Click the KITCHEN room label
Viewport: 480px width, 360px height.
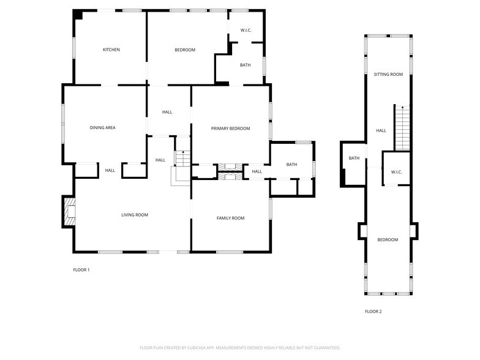tap(111, 50)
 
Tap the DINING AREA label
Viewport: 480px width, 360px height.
tap(102, 128)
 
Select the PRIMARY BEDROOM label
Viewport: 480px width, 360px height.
tap(230, 129)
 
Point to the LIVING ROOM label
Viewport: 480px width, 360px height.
tap(134, 215)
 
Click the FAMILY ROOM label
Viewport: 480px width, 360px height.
tap(230, 218)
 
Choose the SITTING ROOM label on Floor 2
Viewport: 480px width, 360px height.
tap(388, 75)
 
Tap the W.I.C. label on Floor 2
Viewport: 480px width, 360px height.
tap(396, 172)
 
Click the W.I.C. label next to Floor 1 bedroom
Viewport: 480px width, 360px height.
tap(246, 30)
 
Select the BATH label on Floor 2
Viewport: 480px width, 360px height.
tap(354, 159)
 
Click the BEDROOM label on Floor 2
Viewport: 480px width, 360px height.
tap(387, 240)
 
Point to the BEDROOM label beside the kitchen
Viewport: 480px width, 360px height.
tap(184, 50)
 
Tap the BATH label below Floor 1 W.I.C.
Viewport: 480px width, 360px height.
tap(245, 65)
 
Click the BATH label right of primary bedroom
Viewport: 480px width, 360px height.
tap(291, 164)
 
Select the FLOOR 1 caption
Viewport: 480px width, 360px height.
tap(81, 270)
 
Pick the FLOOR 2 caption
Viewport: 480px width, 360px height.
tap(373, 312)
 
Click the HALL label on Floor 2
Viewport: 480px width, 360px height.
tap(381, 130)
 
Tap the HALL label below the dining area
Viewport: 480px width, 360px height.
tap(110, 170)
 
